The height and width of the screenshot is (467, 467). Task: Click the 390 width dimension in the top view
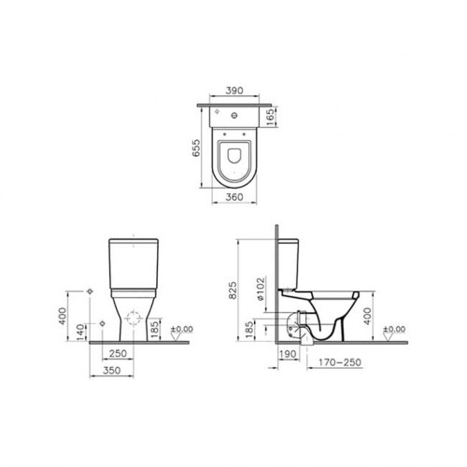[x=234, y=91]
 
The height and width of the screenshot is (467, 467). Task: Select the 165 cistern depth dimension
[x=272, y=117]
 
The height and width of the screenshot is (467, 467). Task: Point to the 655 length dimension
[x=197, y=148]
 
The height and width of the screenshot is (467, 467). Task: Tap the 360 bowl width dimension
[x=234, y=197]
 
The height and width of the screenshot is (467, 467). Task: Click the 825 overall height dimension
[x=233, y=290]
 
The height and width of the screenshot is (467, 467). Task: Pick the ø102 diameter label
[x=261, y=289]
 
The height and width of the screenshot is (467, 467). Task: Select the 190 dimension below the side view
[x=288, y=354]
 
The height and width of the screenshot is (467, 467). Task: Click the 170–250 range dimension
[x=340, y=362]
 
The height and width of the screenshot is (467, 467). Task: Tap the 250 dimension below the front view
[x=118, y=354]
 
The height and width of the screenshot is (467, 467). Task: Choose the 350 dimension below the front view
[x=111, y=371]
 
